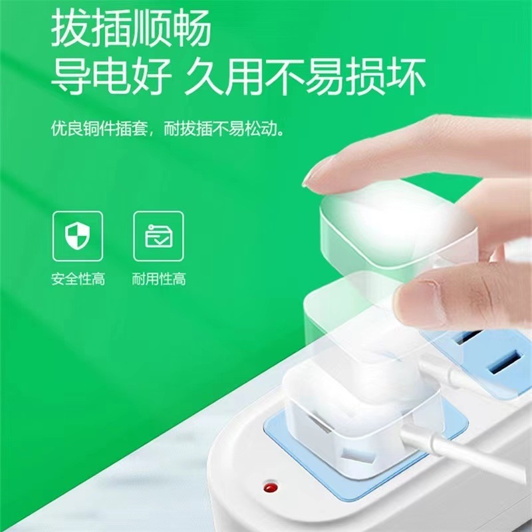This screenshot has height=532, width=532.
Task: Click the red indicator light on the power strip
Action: click(x=270, y=489)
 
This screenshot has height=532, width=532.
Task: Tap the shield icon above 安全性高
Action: click(x=78, y=235)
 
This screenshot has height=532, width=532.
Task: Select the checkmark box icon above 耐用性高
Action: click(x=158, y=235)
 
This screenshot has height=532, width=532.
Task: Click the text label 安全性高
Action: click(x=78, y=279)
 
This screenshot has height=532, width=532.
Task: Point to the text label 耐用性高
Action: click(x=158, y=279)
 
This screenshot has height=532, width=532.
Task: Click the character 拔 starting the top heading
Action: click(x=71, y=28)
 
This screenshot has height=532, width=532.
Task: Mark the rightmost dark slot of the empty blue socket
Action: click(x=503, y=364)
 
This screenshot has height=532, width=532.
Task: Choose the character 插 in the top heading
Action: click(x=111, y=28)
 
